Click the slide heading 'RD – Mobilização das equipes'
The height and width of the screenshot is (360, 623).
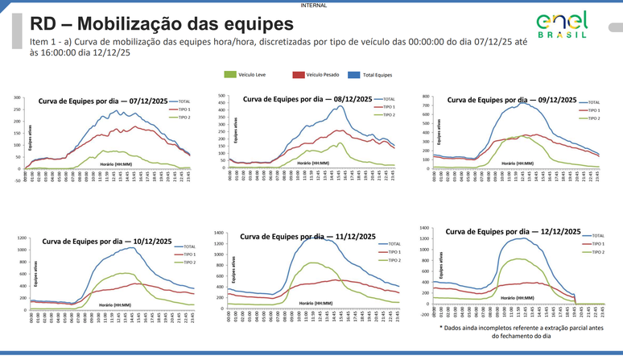[151, 23]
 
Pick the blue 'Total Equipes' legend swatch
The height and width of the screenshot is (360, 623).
[353, 75]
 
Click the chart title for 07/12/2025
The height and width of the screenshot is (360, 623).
[96, 101]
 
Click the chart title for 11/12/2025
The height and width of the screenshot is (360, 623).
[307, 237]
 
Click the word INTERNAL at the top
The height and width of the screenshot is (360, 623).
[312, 4]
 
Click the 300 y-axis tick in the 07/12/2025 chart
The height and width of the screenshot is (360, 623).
[16, 98]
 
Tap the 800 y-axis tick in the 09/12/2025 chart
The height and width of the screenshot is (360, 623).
[426, 96]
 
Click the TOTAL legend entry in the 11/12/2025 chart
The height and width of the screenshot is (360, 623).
[394, 243]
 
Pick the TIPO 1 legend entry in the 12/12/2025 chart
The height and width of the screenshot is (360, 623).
[597, 243]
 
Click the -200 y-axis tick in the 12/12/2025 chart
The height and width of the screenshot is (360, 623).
[424, 315]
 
